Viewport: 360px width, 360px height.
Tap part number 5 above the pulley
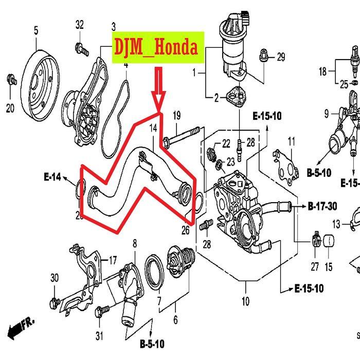[36, 31]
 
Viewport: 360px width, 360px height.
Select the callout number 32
[79, 25]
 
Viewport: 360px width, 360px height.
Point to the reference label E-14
[52, 177]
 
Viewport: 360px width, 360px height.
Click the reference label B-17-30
[322, 207]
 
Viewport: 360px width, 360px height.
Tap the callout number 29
[280, 57]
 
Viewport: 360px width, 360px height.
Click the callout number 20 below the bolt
[10, 108]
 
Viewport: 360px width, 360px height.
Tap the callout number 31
[99, 336]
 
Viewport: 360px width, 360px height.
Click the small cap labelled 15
[328, 241]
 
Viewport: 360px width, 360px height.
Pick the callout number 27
[315, 266]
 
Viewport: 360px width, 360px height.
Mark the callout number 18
[322, 72]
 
